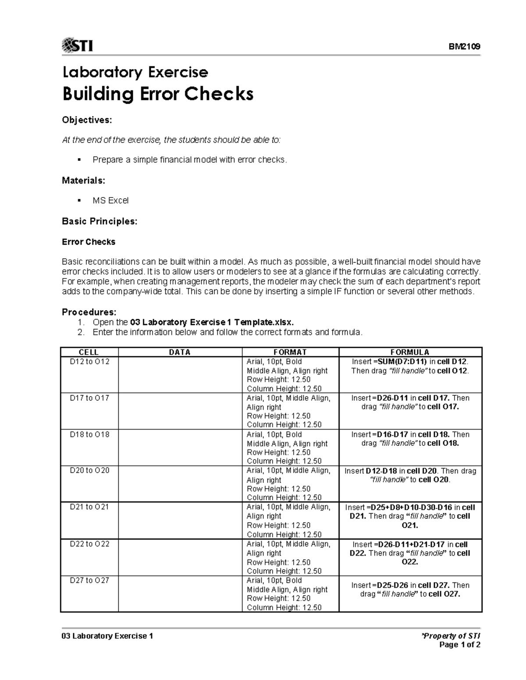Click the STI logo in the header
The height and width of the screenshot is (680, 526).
pos(78,45)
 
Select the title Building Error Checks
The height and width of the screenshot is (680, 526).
pos(158,94)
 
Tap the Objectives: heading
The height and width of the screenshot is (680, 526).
pos(87,120)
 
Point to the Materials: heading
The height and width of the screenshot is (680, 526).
pos(83,180)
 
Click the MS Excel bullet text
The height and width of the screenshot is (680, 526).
pos(110,201)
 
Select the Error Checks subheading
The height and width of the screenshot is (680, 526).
pos(89,242)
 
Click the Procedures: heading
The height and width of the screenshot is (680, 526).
pos(89,312)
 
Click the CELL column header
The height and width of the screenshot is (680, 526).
pos(89,352)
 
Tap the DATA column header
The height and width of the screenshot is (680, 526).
pos(180,352)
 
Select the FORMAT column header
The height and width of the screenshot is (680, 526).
pos(290,352)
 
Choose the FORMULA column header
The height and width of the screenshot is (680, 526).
pos(410,352)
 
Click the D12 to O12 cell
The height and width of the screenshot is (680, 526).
pos(89,362)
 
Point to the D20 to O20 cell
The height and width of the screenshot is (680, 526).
pos(89,471)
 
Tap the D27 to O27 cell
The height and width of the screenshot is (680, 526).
pos(89,581)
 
